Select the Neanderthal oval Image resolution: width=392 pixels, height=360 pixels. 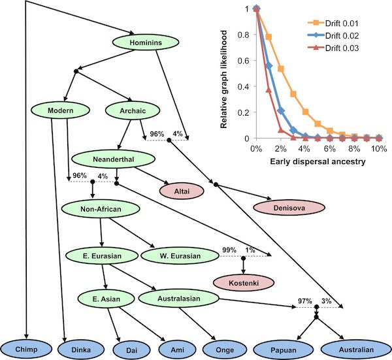coord(113,159)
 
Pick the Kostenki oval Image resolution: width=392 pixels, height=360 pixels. coord(244,282)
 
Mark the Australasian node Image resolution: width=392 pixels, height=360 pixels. coord(185,299)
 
